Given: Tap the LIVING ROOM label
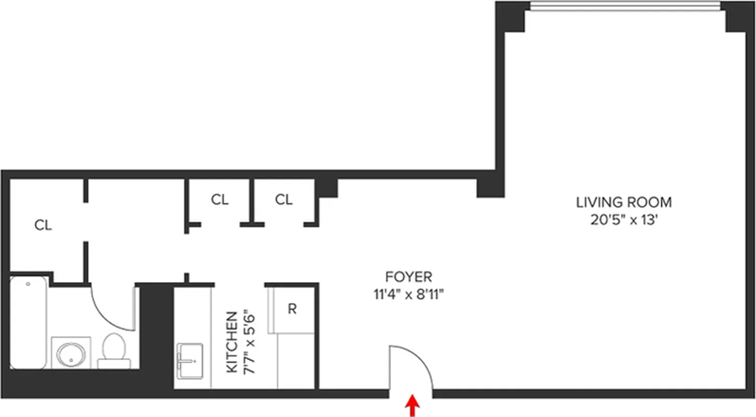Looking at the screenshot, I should click(624, 202).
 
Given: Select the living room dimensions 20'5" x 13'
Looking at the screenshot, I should click(624, 220).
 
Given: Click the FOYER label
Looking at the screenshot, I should click(408, 277).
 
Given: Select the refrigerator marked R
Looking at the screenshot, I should click(292, 309).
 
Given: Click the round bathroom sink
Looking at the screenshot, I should click(71, 354).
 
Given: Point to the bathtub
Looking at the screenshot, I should click(28, 322).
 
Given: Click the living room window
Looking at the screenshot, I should click(625, 6).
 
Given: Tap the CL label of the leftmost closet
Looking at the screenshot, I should click(43, 226).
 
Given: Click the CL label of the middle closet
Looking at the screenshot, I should click(220, 200).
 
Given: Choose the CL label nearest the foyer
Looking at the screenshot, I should click(284, 200).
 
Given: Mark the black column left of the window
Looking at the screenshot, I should click(510, 16).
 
